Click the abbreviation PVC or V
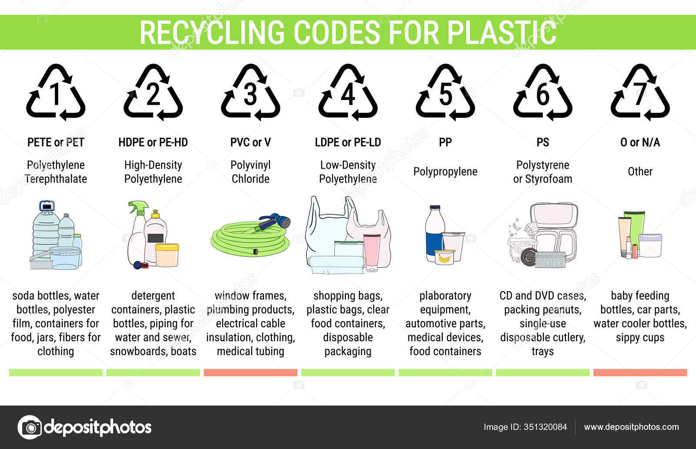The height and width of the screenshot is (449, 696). point(251,142)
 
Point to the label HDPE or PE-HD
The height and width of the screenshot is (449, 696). point(153,142)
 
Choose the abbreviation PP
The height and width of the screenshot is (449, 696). point(445,142)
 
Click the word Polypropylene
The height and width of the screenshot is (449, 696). point(445,172)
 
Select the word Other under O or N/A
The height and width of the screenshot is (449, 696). point(640,171)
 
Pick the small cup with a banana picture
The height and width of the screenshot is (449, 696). point(444,257)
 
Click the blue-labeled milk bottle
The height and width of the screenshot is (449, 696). point(435,233)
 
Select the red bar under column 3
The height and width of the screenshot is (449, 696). point(251,373)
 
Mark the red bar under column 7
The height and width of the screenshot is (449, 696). point(640,373)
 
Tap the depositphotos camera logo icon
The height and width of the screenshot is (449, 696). point(30,427)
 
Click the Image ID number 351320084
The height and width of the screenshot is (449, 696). point(545,427)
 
